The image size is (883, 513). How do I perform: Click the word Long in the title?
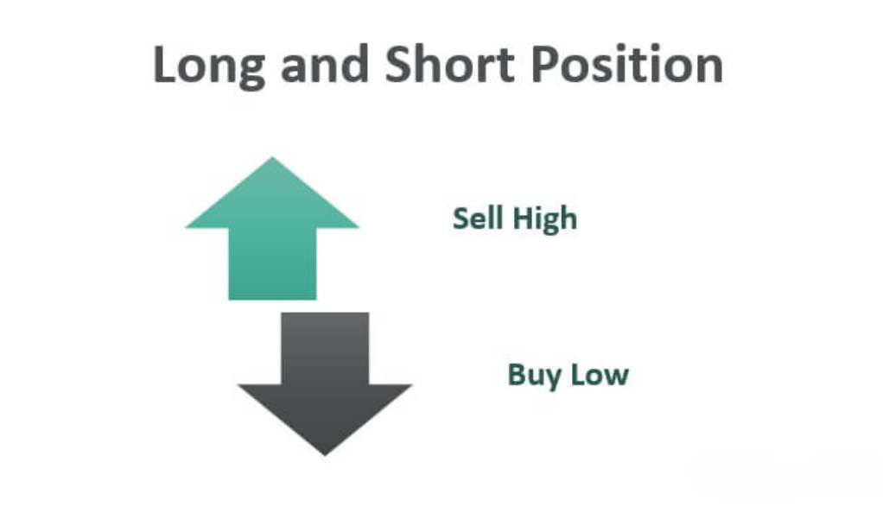point(209,66)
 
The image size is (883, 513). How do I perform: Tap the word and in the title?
point(324,64)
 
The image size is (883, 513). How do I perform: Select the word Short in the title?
point(449,64)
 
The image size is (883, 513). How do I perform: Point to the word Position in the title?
point(626,64)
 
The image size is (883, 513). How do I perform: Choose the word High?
point(545,220)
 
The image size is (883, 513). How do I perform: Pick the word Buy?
point(534,377)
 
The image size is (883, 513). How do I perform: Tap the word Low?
point(600,375)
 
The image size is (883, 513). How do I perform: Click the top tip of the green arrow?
point(272,157)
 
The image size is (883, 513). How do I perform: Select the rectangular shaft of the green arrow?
point(272,263)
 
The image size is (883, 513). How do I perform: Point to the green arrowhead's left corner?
point(187,227)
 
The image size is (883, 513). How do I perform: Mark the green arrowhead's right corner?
point(359,227)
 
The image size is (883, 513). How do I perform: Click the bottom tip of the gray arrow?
point(325,455)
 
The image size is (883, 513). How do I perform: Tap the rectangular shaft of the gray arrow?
point(325,349)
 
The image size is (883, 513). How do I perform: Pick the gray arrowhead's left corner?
point(238,385)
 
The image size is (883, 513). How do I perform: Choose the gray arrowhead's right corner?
point(411,385)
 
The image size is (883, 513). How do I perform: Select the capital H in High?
point(524,218)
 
